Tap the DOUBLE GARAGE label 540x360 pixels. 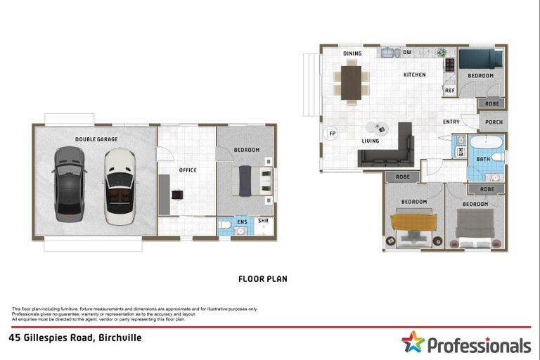[96, 139]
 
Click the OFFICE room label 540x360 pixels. [188, 169]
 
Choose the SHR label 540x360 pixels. [263, 221]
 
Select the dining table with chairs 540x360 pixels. [351, 82]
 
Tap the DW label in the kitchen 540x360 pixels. [407, 53]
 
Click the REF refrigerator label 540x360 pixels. [450, 90]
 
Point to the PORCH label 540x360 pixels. [494, 122]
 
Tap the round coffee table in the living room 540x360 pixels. [378, 128]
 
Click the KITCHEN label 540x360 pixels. [414, 75]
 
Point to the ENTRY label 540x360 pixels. [451, 122]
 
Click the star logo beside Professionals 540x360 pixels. [414, 343]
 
